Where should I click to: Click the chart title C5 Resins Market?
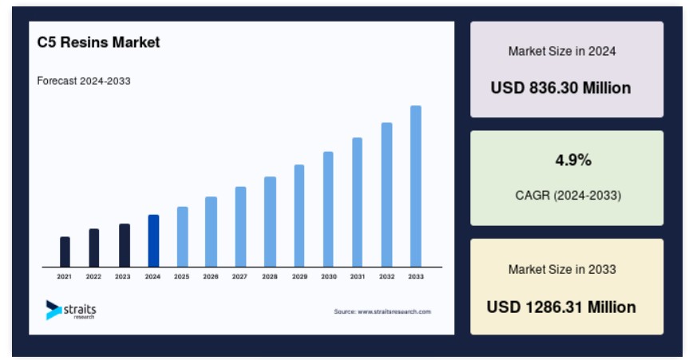pyautogui.click(x=98, y=42)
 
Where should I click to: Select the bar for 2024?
pyautogui.click(x=153, y=241)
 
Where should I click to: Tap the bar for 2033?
pyautogui.click(x=415, y=187)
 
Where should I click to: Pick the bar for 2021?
pyautogui.click(x=65, y=251)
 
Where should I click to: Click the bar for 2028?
pyautogui.click(x=270, y=222)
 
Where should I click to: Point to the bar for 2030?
pyautogui.click(x=328, y=209)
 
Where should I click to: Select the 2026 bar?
pyautogui.click(x=211, y=232)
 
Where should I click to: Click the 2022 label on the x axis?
pyautogui.click(x=93, y=276)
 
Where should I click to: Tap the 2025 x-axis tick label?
pyautogui.click(x=181, y=276)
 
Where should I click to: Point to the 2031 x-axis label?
pyautogui.click(x=357, y=276)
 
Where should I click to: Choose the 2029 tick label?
pyautogui.click(x=299, y=276)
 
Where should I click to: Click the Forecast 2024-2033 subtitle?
pyautogui.click(x=84, y=81)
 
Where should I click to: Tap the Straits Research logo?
pyautogui.click(x=71, y=310)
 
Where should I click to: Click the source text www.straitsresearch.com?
pyautogui.click(x=382, y=311)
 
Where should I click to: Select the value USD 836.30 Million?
pyautogui.click(x=560, y=88)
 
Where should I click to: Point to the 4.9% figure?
pyautogui.click(x=573, y=160)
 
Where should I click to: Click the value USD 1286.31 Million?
pyautogui.click(x=561, y=307)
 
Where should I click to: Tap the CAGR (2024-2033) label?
pyautogui.click(x=568, y=196)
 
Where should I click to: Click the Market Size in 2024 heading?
pyautogui.click(x=562, y=51)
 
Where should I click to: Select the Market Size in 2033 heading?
pyautogui.click(x=562, y=270)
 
